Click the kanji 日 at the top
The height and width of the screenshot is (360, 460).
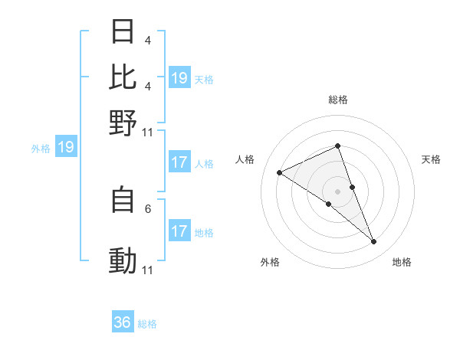[123, 32]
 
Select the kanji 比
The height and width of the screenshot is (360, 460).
[123, 77]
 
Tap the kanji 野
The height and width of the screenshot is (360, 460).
[123, 122]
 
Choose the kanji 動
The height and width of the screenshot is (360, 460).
[123, 261]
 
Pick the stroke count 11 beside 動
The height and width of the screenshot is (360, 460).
[148, 270]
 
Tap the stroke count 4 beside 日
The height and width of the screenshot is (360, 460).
[148, 41]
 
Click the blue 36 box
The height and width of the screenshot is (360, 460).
[123, 322]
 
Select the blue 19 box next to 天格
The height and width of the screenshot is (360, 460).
[179, 78]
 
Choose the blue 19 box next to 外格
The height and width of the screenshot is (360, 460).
[65, 148]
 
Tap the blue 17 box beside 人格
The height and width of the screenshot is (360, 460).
[179, 162]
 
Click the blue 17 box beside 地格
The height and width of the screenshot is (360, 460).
[179, 231]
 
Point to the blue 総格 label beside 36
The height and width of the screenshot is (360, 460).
[147, 324]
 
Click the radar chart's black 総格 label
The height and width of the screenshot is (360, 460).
[337, 100]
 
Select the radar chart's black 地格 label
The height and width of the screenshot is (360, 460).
[402, 262]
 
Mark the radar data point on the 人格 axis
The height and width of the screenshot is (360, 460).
[279, 173]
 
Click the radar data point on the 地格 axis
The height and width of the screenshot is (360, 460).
[374, 242]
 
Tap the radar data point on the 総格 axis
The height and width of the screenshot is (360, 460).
[337, 146]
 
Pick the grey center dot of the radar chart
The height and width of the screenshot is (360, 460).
[337, 191]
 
